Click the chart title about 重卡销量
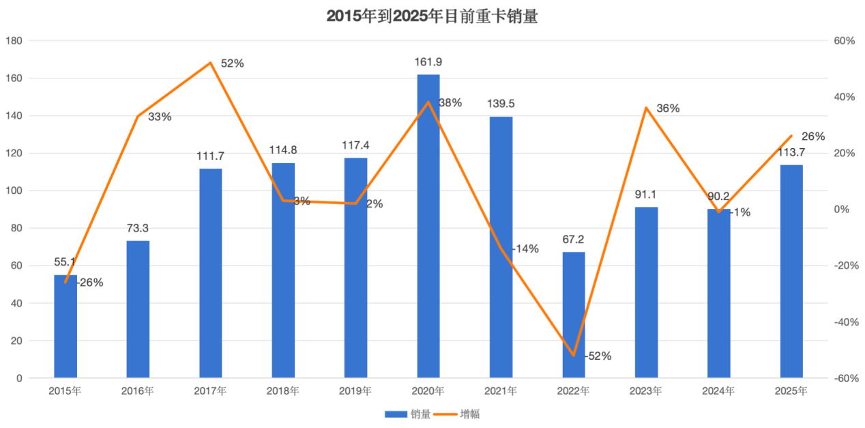432,16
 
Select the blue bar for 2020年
428,225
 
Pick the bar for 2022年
574,314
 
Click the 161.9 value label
428,62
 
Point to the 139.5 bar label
501,104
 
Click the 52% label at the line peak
232,63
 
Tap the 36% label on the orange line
668,109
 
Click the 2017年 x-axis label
211,391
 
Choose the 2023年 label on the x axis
646,391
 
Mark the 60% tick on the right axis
845,41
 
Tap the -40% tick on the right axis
844,322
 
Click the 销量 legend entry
407,414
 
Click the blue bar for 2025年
791,271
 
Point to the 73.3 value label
138,228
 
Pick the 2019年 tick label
355,391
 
